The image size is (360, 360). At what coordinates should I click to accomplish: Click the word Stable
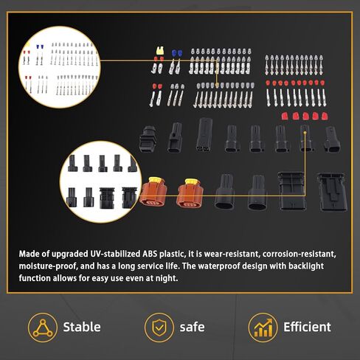point(82,327)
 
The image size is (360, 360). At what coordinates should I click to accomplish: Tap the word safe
point(192,327)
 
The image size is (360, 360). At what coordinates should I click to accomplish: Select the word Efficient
point(307,327)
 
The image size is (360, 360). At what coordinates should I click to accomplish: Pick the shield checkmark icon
point(159,328)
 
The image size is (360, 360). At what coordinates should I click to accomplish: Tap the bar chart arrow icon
point(263,328)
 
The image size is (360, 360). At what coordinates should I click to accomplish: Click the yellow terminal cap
point(160,50)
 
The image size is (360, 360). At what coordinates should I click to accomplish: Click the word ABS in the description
point(150,254)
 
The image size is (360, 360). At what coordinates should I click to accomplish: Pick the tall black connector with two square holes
point(204,134)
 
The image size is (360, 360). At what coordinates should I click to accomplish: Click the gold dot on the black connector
point(305,133)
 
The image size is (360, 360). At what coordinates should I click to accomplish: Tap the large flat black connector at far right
point(332,192)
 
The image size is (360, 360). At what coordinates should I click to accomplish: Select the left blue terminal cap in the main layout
point(174,53)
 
